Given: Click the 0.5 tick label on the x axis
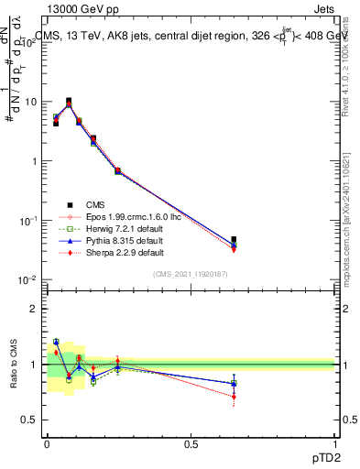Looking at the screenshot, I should click(191, 442).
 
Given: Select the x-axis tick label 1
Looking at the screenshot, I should click(334, 442).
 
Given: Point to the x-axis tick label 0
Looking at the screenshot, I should click(48, 442).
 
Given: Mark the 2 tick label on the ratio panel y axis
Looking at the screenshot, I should click(34, 309).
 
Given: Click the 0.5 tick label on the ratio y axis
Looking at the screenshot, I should click(30, 420).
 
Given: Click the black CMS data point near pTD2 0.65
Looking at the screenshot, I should click(234, 240).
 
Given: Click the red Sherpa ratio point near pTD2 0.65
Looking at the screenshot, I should click(234, 397).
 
